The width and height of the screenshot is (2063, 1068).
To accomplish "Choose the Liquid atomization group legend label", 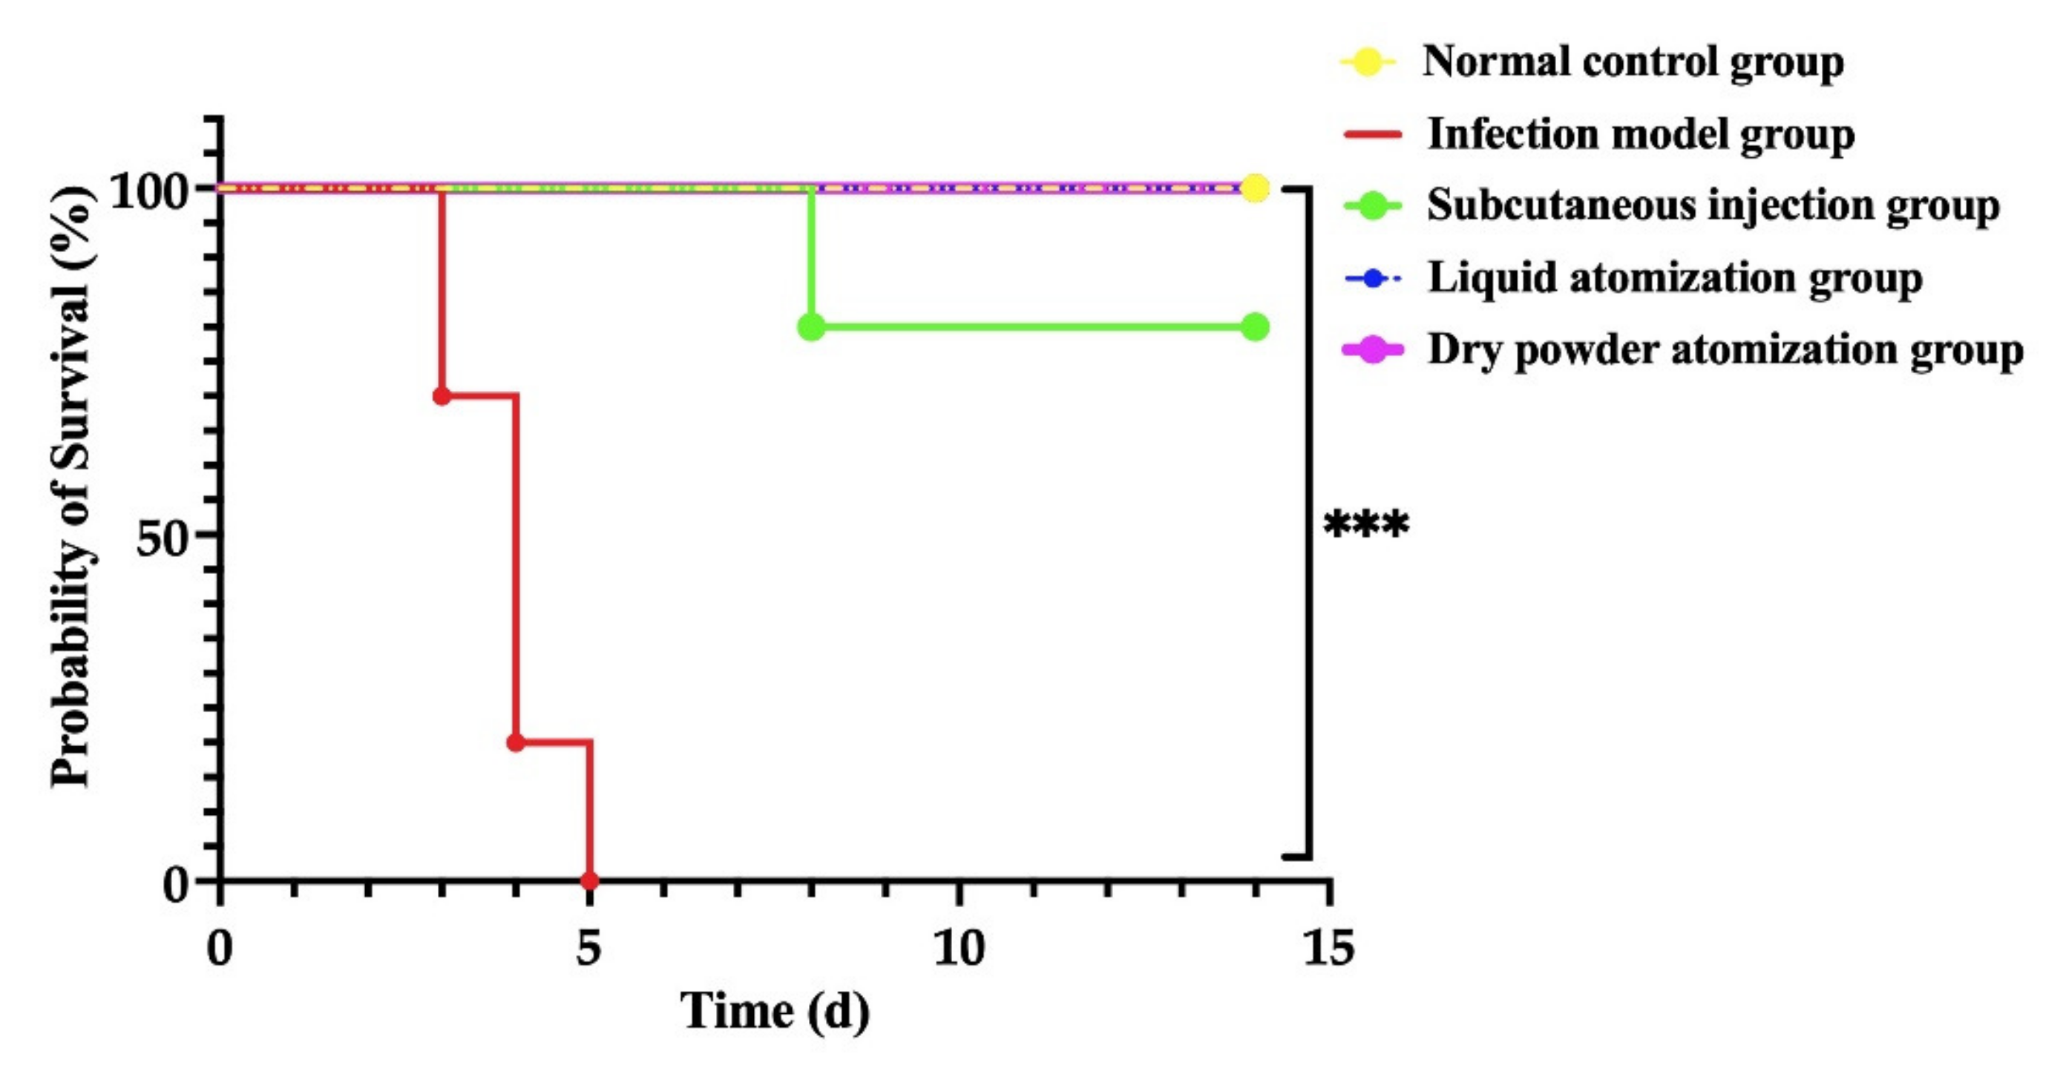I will tap(1675, 279).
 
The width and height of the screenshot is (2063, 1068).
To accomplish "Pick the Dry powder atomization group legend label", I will tap(1725, 351).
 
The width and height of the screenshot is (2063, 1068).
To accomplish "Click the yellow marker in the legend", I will tap(1368, 62).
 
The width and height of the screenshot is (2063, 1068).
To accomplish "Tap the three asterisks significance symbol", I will tap(1365, 527).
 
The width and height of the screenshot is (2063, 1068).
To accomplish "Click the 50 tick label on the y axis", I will tap(161, 538).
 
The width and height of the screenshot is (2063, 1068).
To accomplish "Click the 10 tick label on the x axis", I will tap(959, 949).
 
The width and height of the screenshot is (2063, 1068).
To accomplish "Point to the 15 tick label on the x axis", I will tap(1328, 949).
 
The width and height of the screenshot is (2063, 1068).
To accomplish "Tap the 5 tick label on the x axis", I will tap(588, 949).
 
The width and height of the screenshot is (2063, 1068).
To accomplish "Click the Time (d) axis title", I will tap(775, 1011).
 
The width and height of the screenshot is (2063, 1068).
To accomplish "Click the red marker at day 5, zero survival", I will tap(589, 880).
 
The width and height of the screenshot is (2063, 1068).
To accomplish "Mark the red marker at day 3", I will tap(442, 395).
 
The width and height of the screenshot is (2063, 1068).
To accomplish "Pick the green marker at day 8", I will tap(811, 326).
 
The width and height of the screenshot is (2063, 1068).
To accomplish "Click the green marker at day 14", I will tap(1255, 326).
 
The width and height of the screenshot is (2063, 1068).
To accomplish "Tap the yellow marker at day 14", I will tap(1255, 188).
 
